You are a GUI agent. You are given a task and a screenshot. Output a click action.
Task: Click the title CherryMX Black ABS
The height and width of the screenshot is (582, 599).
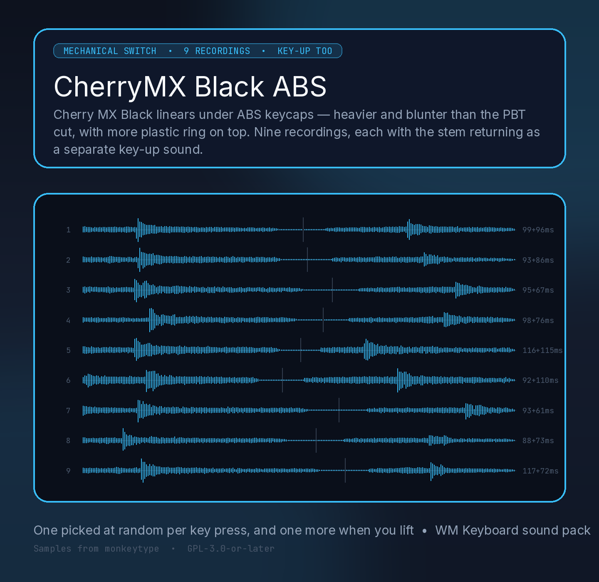point(190,86)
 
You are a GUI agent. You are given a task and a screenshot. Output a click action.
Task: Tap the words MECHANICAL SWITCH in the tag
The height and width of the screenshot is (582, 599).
point(110,51)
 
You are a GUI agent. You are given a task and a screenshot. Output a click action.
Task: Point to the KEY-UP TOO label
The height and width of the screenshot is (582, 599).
point(305,51)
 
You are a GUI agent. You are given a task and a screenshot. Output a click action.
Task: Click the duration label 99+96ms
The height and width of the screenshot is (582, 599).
point(538,230)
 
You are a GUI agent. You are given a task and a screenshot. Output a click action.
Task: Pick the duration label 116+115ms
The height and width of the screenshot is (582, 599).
point(542,350)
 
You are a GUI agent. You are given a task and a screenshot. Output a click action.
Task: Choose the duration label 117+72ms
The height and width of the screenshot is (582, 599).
point(540,471)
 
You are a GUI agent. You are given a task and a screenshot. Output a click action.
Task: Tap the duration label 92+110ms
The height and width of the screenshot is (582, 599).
point(540,380)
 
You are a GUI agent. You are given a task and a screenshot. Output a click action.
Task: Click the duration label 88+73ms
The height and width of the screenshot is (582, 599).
point(538,441)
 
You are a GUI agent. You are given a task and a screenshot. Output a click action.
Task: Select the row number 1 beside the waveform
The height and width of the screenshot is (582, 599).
point(68,230)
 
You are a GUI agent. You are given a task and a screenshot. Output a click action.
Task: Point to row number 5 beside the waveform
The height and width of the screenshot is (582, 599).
point(68,350)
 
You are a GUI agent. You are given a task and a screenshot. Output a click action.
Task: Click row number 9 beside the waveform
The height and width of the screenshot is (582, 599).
point(68,471)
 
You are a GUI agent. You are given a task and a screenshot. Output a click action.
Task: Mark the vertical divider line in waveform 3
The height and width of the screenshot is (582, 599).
point(332,290)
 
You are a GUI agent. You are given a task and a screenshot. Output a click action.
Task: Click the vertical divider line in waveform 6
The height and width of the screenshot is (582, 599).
point(282,380)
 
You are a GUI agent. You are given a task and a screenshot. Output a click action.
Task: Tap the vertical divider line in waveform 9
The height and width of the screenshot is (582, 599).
point(345,470)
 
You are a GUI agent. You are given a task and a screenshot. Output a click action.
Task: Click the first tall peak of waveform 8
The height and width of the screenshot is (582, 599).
point(124,439)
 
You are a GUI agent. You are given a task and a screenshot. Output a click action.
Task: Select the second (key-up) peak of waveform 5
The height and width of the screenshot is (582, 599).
point(366,350)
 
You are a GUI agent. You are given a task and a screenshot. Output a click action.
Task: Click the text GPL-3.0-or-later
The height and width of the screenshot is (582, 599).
point(231,549)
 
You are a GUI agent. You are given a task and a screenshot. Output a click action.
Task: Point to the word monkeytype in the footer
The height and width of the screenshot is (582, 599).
point(132,549)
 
